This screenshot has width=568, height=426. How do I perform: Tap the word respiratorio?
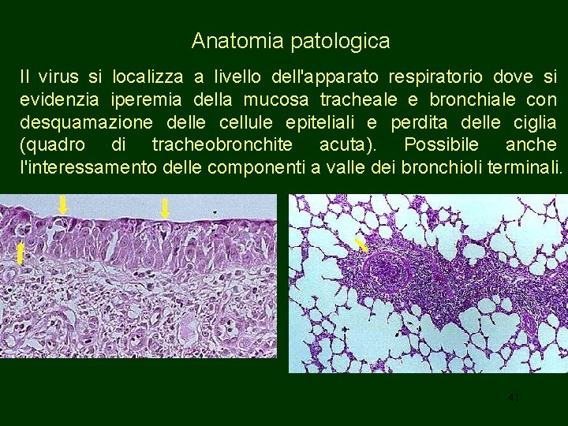434,77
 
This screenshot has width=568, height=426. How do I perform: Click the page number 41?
514,398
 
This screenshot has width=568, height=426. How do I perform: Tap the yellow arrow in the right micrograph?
361,245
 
